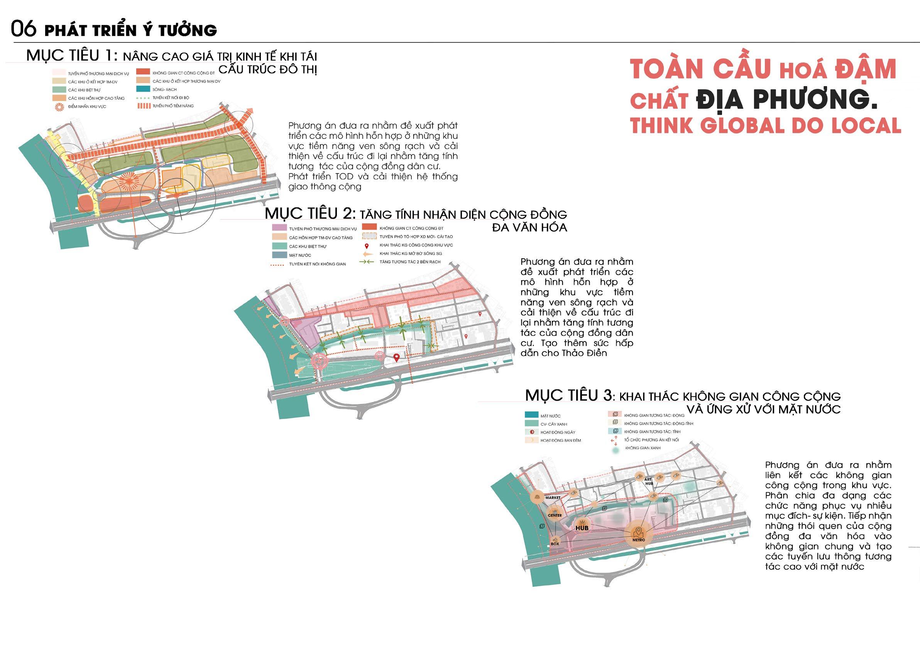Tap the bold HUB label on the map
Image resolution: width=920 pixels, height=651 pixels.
582,528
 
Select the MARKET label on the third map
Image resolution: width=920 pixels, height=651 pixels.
553,497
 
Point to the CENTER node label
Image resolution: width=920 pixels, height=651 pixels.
555,515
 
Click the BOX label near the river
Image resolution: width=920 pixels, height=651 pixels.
555,544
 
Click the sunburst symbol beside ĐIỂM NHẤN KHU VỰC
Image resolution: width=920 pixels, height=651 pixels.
59,106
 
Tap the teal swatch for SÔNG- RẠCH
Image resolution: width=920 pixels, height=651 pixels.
143,90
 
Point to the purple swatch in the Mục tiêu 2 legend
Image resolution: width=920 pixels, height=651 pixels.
279,228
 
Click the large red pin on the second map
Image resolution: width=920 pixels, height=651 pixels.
396,358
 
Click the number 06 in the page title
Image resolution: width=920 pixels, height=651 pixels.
24,29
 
